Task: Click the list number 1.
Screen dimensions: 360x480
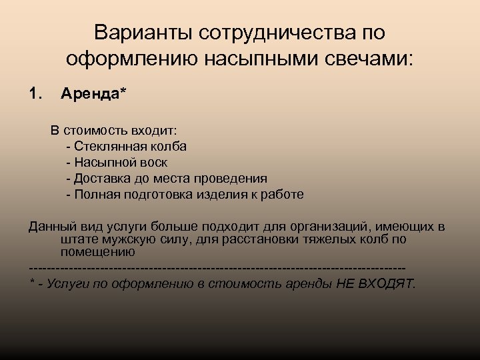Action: click(x=35, y=94)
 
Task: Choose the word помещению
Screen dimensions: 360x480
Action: click(x=98, y=252)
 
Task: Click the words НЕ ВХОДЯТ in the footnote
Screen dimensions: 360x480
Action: click(x=377, y=283)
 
